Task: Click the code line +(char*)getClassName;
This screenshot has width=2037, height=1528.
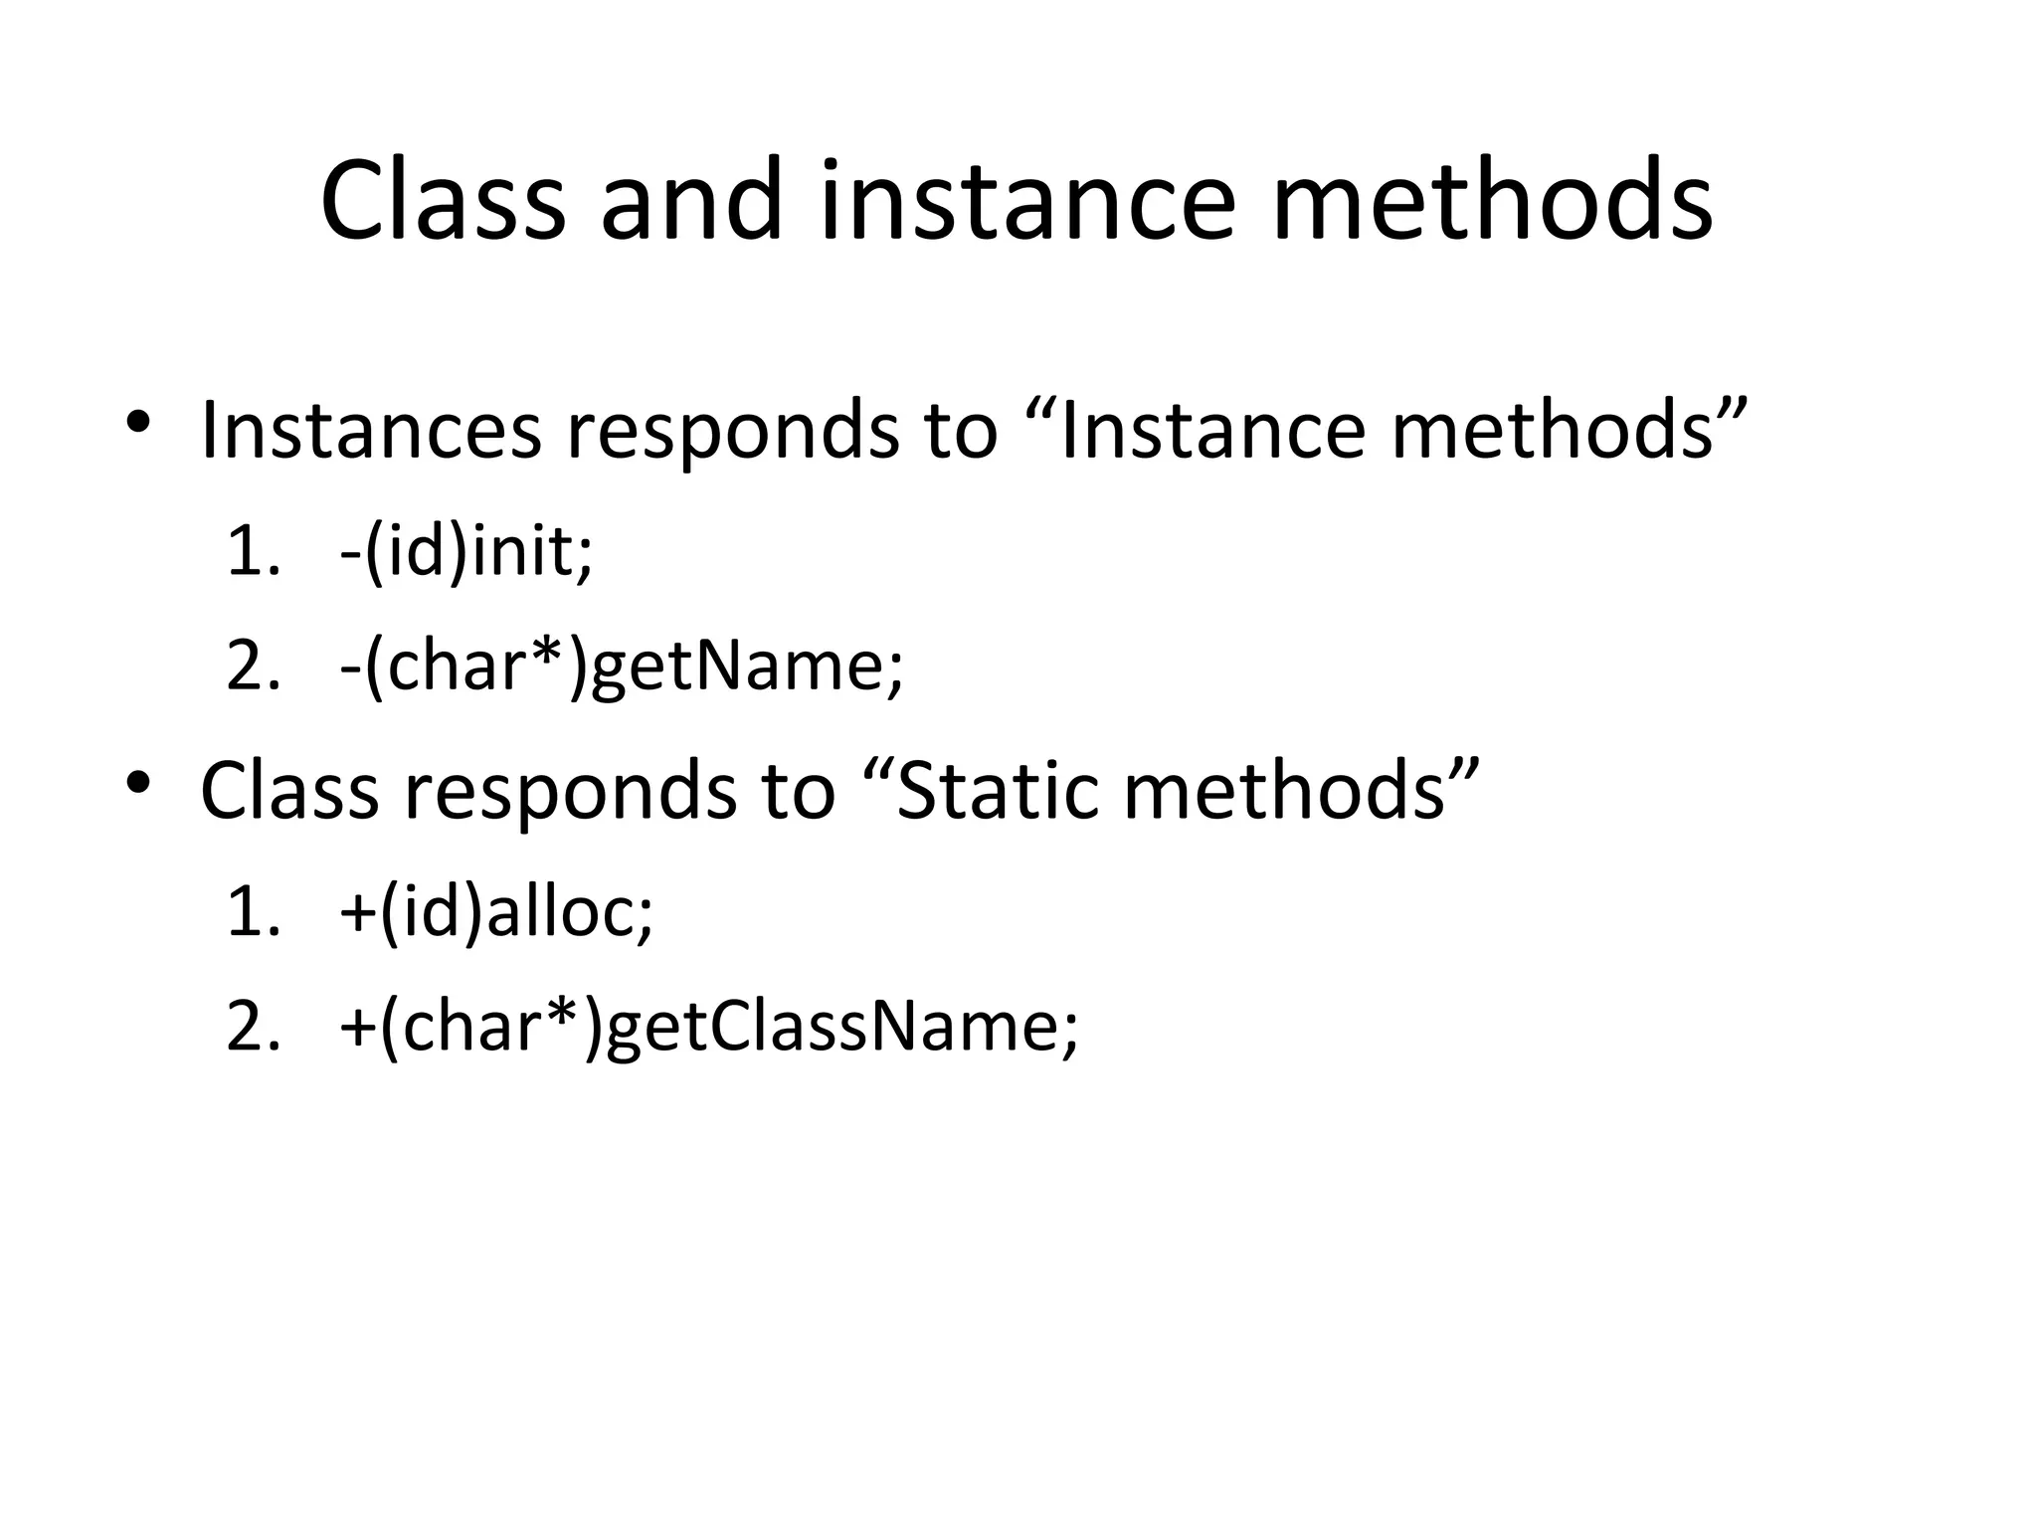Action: (708, 1026)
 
